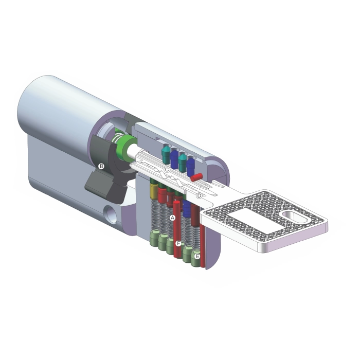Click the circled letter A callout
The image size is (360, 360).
click(x=172, y=218)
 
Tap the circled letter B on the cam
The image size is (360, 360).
click(x=101, y=166)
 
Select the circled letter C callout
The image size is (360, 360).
click(x=167, y=170)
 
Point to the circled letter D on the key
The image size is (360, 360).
click(x=199, y=195)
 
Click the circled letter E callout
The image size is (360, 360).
click(x=197, y=256)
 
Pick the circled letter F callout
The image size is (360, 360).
click(x=178, y=244)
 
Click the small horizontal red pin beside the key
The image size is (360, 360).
click(x=196, y=177)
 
